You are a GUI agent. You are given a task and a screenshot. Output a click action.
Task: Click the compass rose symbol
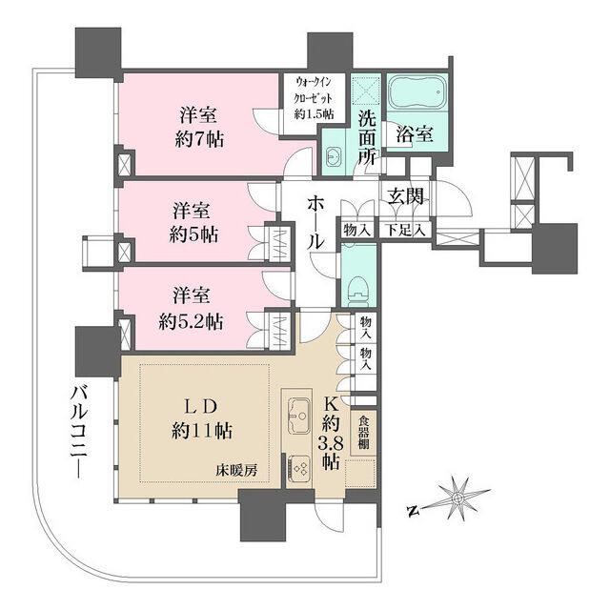459,498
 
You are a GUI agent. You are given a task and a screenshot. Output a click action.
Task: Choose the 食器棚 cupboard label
363,434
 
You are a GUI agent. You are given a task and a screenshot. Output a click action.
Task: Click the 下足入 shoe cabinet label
406,231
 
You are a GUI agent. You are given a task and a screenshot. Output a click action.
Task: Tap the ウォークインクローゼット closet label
313,97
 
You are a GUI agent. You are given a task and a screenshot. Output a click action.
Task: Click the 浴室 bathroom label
417,134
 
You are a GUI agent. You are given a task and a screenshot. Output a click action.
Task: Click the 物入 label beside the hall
356,231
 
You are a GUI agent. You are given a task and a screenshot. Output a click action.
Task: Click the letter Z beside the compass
412,510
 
